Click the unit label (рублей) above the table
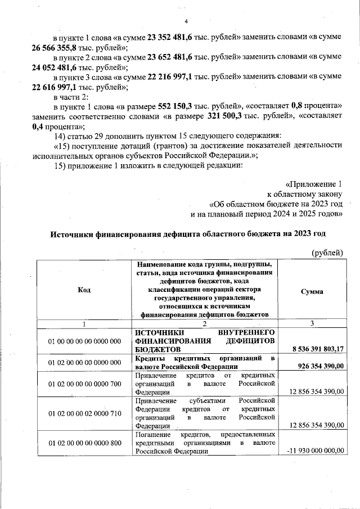[x=327, y=253]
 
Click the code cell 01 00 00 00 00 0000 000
[x=84, y=341]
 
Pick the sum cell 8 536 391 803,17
[x=317, y=349]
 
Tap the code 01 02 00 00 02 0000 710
[x=84, y=413]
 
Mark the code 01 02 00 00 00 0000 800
[x=84, y=443]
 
